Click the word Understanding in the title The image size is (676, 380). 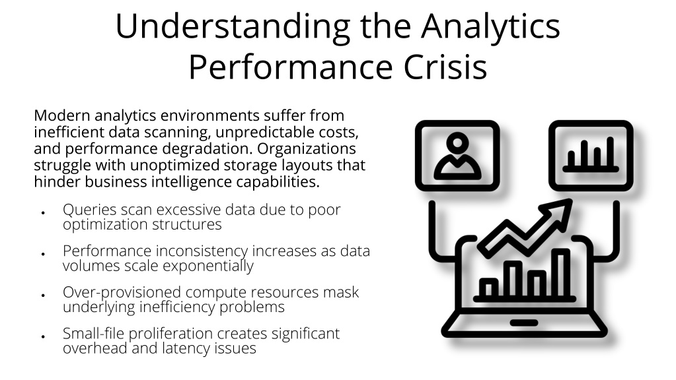pyautogui.click(x=233, y=27)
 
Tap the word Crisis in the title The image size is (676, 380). pyautogui.click(x=445, y=67)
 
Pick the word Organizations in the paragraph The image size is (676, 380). pyautogui.click(x=306, y=149)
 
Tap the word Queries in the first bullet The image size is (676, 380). pyautogui.click(x=89, y=210)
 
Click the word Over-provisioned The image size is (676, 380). pyautogui.click(x=122, y=292)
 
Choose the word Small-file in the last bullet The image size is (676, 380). pyautogui.click(x=94, y=334)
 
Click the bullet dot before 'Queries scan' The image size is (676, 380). pyautogui.click(x=43, y=212)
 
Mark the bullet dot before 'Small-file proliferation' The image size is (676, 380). pyautogui.click(x=43, y=336)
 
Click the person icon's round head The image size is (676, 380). pyautogui.click(x=457, y=142)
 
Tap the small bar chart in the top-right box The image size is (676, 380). pyautogui.click(x=591, y=155)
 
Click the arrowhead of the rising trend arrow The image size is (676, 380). pyautogui.click(x=558, y=212)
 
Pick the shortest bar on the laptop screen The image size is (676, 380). pyautogui.click(x=488, y=288)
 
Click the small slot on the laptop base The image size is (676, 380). pyautogui.click(x=524, y=323)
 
